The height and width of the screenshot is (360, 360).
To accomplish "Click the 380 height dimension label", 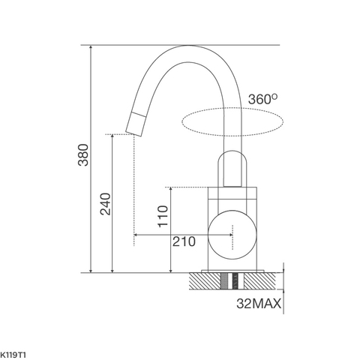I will (x=82, y=155).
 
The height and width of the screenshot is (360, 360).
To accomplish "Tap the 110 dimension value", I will (x=162, y=217).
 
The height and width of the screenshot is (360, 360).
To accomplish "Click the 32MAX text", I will (x=259, y=304).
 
